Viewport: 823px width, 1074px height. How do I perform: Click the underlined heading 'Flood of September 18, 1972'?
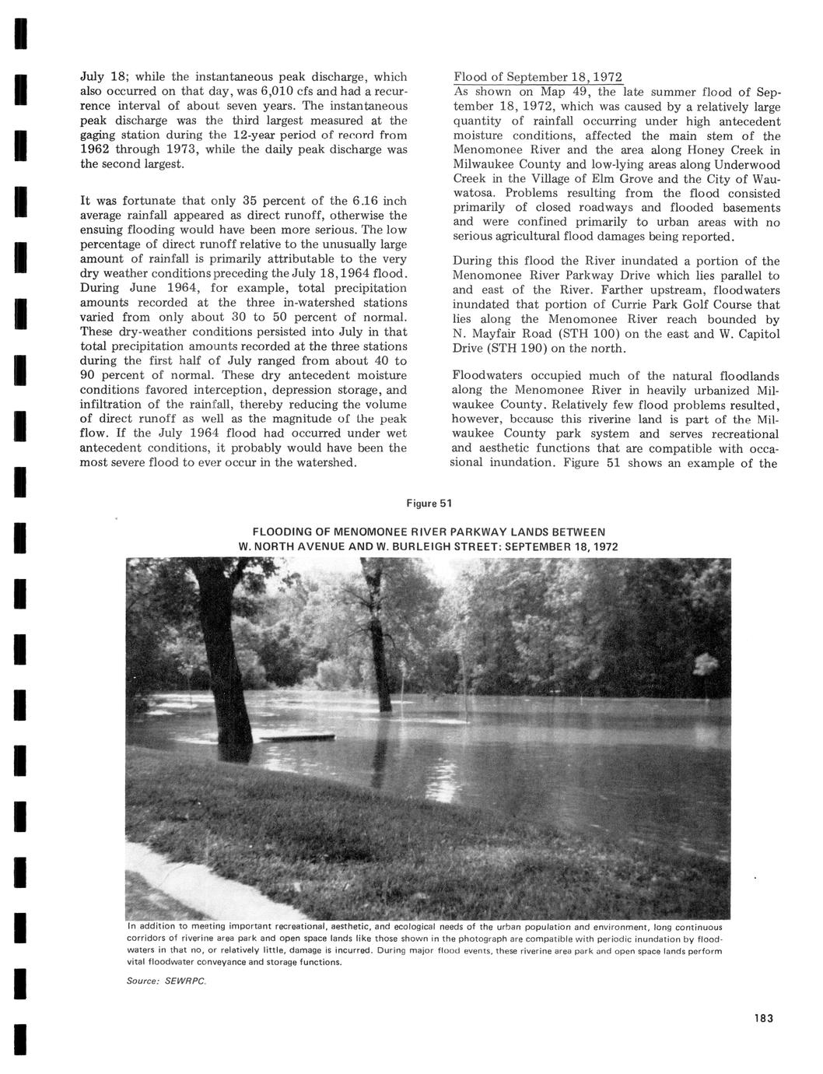pyautogui.click(x=538, y=77)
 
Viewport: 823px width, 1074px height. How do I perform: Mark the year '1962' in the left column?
pyautogui.click(x=96, y=149)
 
